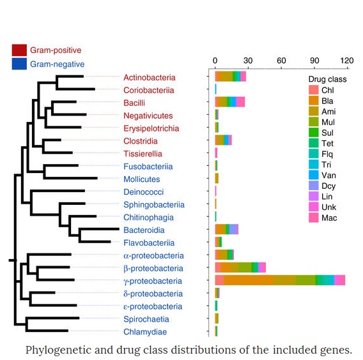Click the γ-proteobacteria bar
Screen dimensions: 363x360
[x=280, y=280]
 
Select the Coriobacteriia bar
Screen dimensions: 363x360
[x=216, y=89]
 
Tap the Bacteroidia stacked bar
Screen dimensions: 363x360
[x=227, y=229]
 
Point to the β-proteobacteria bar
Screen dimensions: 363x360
[x=240, y=267]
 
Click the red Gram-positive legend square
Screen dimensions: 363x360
[x=19, y=50]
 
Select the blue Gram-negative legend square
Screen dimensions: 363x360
[x=19, y=64]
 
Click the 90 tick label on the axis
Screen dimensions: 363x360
[x=314, y=61]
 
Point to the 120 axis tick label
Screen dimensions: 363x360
[x=346, y=61]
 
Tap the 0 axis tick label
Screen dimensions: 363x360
[x=215, y=61]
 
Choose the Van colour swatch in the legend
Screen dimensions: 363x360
[x=314, y=175]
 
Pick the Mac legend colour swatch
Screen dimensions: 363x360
[x=314, y=218]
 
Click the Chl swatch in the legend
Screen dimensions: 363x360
[x=314, y=90]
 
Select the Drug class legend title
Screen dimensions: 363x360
[x=327, y=79]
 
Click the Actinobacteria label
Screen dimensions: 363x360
[x=150, y=77]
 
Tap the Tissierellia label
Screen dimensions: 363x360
[x=143, y=154]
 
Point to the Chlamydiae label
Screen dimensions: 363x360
[x=145, y=332]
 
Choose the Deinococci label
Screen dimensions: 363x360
[x=144, y=192]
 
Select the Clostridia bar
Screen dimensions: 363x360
[x=224, y=140]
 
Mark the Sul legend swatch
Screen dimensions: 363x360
[x=314, y=133]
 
